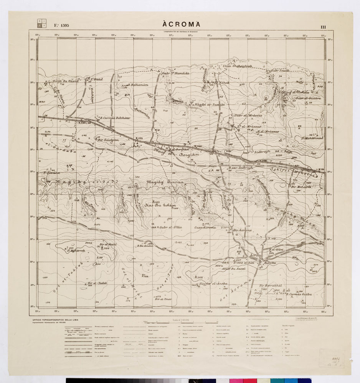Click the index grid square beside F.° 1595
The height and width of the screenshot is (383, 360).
tap(41, 23)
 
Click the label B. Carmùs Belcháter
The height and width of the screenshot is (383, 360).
tap(114, 118)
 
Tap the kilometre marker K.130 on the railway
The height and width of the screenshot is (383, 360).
tap(84, 122)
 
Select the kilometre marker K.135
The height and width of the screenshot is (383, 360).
tap(139, 138)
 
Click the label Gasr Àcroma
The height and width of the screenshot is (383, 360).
tap(205, 227)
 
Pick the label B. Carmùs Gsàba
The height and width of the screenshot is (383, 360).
tap(300, 294)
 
